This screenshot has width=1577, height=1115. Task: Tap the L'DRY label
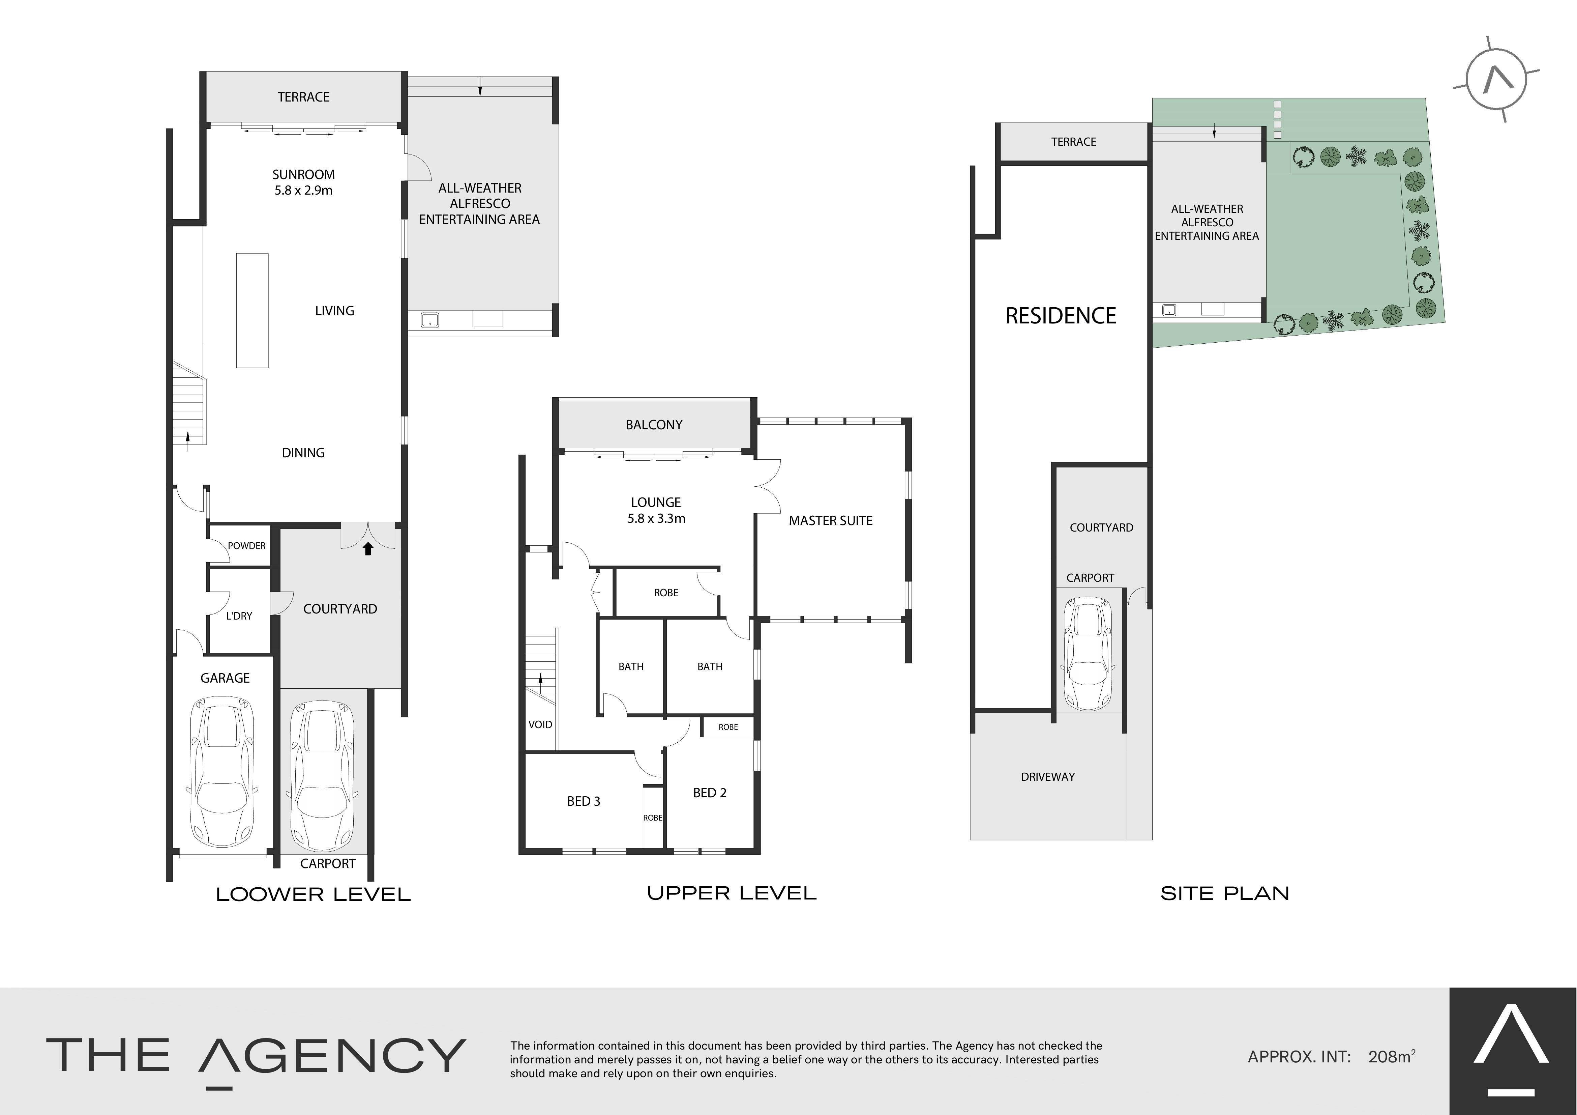[239, 616]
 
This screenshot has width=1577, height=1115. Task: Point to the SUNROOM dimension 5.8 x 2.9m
[304, 190]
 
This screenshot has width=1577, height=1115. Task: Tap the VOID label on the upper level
[540, 724]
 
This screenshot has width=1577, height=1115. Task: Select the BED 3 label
[584, 801]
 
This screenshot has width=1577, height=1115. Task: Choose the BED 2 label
[710, 793]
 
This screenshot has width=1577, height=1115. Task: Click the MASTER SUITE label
[830, 521]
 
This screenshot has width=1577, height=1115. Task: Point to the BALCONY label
[654, 425]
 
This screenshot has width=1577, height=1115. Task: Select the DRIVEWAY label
[1047, 777]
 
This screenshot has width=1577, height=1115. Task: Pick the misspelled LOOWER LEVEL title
[313, 894]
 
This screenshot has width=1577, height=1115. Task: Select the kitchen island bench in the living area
[252, 311]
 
